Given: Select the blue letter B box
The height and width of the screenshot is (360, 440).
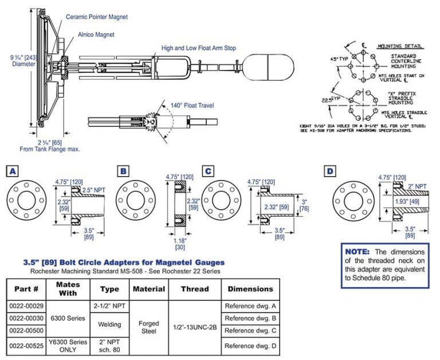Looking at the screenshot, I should (x=123, y=171).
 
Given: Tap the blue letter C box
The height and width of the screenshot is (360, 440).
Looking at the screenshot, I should (x=209, y=171).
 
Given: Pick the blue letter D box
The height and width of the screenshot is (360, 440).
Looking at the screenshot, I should (x=330, y=171).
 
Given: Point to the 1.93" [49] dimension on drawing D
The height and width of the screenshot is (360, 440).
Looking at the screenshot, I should (x=405, y=202).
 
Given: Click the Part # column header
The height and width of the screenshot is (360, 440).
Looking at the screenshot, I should (x=27, y=289).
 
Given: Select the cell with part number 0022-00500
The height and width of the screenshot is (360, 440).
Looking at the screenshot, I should (x=27, y=331).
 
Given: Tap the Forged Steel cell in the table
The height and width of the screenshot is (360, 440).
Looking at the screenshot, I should (x=149, y=327).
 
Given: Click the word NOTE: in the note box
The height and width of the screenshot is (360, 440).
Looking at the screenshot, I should (x=358, y=252).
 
